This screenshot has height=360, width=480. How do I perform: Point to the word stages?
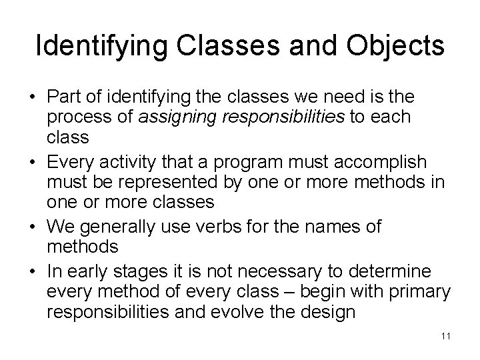click(139, 273)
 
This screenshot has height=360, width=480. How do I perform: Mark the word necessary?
click(269, 273)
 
